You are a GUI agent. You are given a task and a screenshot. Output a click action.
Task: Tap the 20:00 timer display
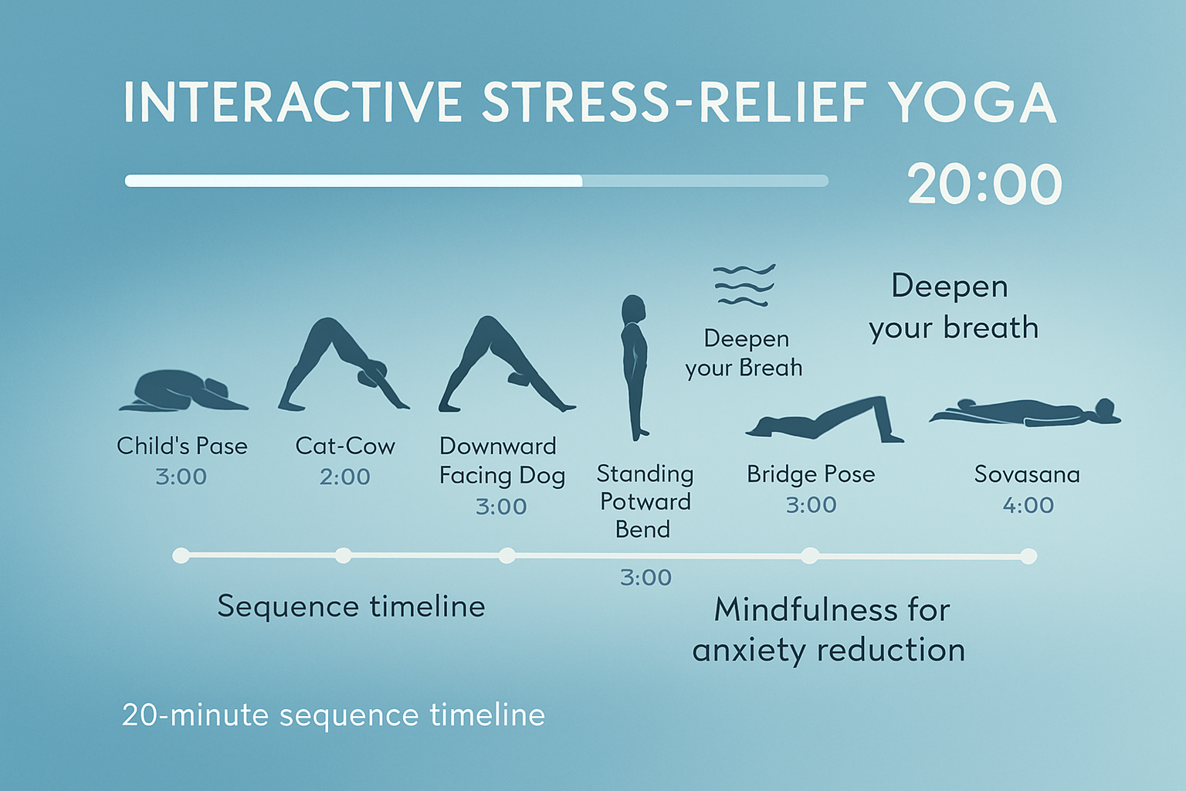tap(984, 185)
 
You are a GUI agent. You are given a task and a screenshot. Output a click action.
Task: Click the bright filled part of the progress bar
tap(353, 181)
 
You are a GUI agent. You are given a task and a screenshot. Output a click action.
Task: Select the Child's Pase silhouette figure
tap(182, 391)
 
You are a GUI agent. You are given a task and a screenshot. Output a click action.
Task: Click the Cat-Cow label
tap(345, 446)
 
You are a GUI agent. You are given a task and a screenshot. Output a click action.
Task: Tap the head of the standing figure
tap(634, 307)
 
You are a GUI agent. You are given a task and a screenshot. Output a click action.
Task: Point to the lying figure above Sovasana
tap(1025, 412)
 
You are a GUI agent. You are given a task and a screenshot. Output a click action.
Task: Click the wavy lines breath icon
tap(744, 285)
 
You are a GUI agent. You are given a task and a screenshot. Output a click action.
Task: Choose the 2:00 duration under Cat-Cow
tap(345, 477)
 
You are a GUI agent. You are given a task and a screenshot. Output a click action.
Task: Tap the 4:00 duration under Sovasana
tap(1028, 505)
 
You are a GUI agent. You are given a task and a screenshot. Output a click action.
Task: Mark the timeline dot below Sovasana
tap(1028, 556)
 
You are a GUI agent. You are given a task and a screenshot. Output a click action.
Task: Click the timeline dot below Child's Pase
tap(181, 555)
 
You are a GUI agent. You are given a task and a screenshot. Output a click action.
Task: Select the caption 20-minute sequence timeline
tap(334, 715)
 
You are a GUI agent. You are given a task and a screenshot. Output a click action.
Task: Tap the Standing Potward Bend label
tap(645, 501)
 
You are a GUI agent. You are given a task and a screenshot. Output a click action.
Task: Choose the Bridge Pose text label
tap(811, 474)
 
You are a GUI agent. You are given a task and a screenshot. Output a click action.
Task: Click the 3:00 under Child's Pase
tap(181, 477)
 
